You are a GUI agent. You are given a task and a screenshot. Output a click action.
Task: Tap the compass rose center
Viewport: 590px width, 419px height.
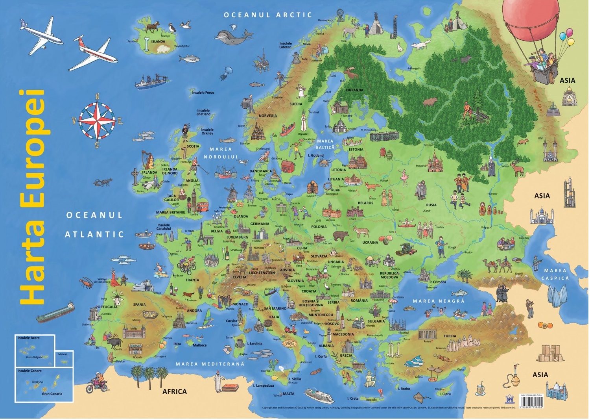[97, 121]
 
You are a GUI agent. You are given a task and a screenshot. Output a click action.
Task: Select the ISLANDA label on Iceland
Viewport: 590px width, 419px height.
[158, 41]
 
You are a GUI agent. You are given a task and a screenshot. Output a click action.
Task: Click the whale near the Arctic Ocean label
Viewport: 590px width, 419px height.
[233, 36]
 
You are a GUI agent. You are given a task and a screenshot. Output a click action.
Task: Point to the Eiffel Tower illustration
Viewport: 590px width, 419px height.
[202, 233]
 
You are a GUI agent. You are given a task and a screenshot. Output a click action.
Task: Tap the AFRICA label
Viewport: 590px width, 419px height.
[175, 391]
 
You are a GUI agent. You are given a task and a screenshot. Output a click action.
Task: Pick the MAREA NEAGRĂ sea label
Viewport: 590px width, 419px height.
[439, 301]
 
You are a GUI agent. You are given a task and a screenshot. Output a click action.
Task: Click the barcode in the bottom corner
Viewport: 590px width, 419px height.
[531, 402]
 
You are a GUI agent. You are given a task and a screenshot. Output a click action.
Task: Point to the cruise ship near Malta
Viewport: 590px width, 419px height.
[319, 395]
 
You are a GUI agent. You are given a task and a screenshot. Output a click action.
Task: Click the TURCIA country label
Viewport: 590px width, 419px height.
[450, 336]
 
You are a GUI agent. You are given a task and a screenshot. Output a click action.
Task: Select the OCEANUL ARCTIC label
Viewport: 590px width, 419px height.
[268, 15]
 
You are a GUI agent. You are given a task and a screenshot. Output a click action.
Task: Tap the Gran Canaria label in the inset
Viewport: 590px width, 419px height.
[52, 393]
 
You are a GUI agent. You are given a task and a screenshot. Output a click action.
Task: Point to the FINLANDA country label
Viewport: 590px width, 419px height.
[354, 90]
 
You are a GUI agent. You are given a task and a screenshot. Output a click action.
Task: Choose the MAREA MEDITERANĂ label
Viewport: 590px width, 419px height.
[210, 364]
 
